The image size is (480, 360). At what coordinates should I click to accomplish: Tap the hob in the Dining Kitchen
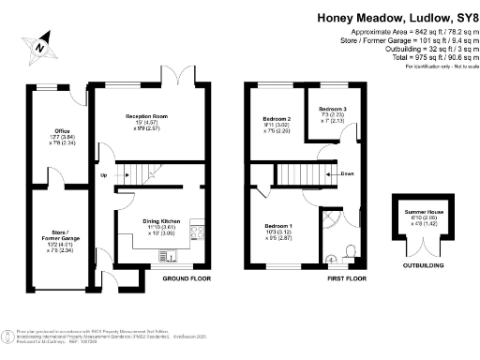pos(199,232)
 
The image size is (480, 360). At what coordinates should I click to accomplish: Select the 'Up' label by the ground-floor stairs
pos(103,173)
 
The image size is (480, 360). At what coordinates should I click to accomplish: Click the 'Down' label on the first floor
pos(346,173)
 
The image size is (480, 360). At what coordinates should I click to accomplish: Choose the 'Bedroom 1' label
pos(277,227)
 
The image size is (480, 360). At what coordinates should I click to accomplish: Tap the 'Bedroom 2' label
pos(277,119)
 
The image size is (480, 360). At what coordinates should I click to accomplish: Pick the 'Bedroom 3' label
pos(333,110)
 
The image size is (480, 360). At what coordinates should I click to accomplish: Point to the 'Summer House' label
pos(420,213)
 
